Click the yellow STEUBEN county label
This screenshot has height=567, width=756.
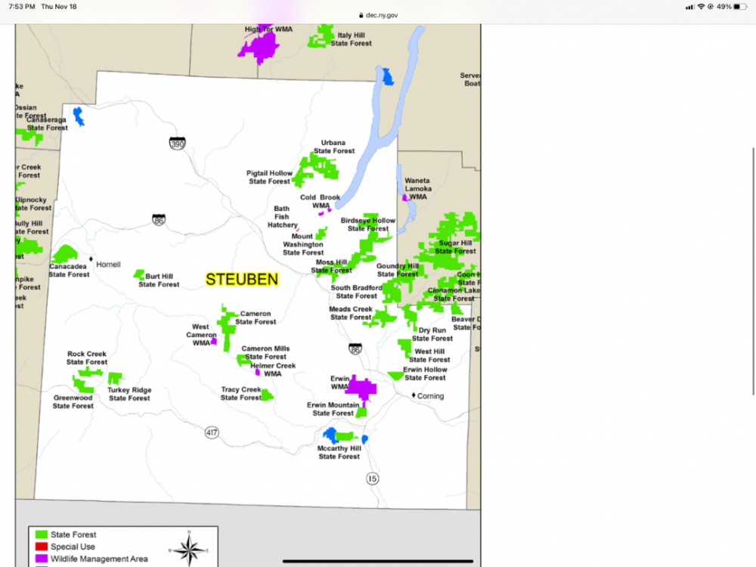point(242,279)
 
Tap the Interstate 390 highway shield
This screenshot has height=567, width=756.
point(177,143)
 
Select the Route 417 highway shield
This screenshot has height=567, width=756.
point(212,432)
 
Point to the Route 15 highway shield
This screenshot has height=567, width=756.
point(372,478)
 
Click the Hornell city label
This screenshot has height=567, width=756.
point(108,265)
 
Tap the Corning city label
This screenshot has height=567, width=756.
point(431,396)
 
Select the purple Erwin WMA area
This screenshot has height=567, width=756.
point(361,389)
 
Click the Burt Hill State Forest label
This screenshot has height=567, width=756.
point(159,280)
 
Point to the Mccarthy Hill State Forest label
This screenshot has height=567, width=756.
point(339,452)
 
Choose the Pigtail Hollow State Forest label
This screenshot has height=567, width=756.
point(269,178)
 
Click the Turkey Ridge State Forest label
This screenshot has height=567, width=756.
point(129,394)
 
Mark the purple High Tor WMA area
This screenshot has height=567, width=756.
point(260,48)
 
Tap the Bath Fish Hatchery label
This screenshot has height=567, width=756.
point(281,217)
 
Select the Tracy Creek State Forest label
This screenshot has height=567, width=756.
point(240,394)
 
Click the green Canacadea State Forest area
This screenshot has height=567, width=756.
point(64,254)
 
